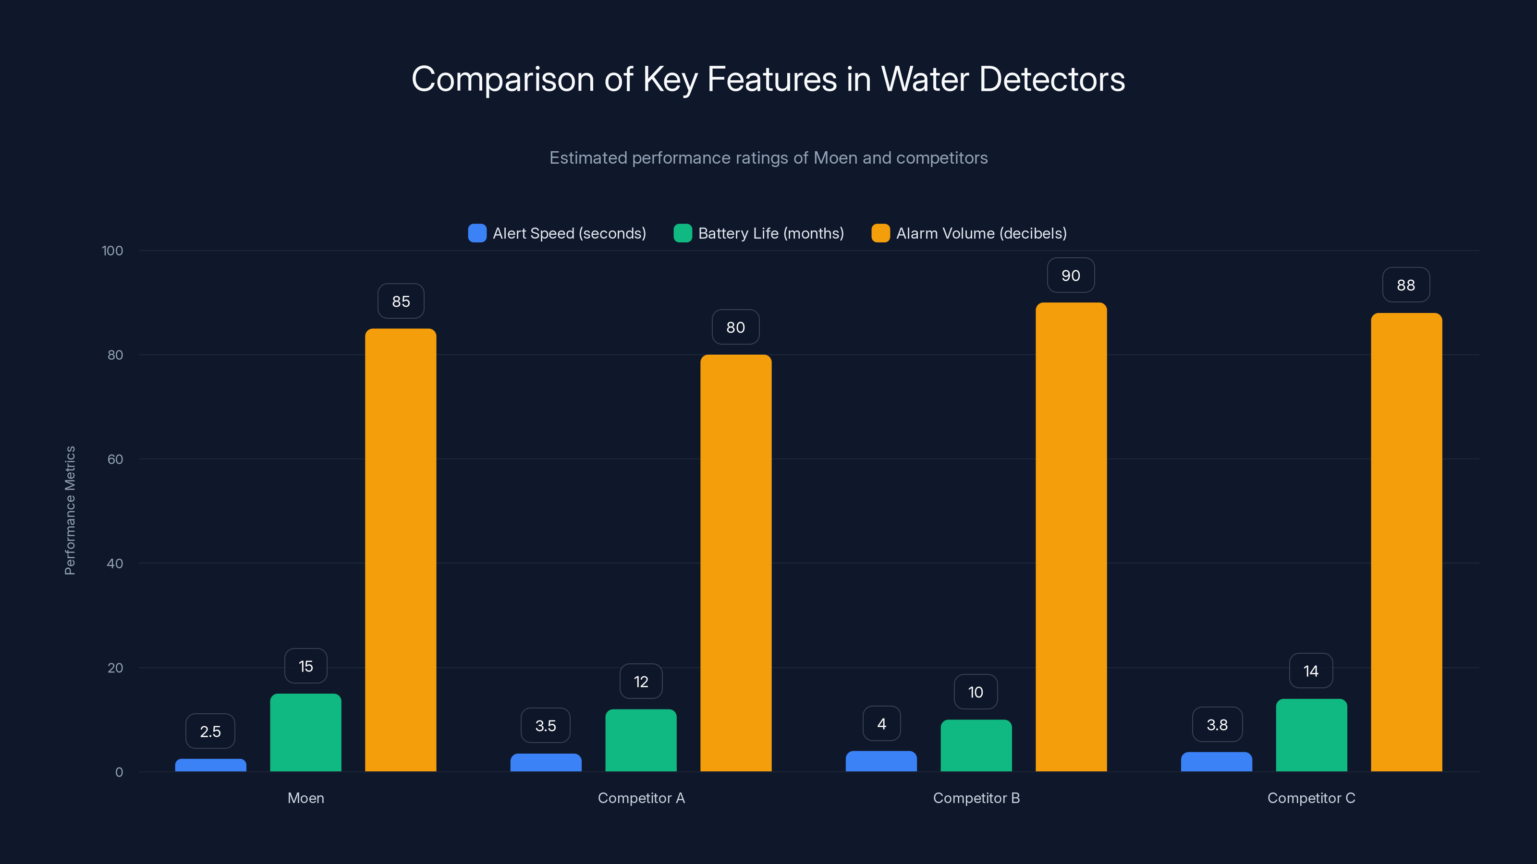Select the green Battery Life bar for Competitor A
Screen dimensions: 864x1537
[x=641, y=740]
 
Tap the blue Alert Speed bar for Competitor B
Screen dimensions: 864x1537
[x=881, y=761]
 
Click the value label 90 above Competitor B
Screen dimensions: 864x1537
[x=1071, y=276]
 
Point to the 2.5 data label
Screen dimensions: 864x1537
[x=210, y=731]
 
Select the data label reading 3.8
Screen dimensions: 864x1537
[x=1217, y=724]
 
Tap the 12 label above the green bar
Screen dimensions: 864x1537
[x=641, y=682]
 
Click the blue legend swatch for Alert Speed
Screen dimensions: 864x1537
[x=477, y=233]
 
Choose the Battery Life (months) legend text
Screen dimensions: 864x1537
[x=771, y=233]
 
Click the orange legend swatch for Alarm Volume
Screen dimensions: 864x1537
[x=880, y=233]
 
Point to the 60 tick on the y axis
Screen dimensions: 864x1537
[x=115, y=459]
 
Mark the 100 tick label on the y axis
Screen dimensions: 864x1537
[x=112, y=251]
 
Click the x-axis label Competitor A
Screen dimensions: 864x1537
[x=641, y=798]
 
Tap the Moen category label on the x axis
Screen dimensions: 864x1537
[x=305, y=798]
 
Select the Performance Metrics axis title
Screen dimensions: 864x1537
[x=70, y=510]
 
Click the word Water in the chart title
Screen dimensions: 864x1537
[x=925, y=79]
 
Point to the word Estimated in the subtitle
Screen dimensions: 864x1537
[x=588, y=158]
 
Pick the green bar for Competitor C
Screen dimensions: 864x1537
[x=1311, y=735]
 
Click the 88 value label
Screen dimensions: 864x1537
[x=1406, y=285]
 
